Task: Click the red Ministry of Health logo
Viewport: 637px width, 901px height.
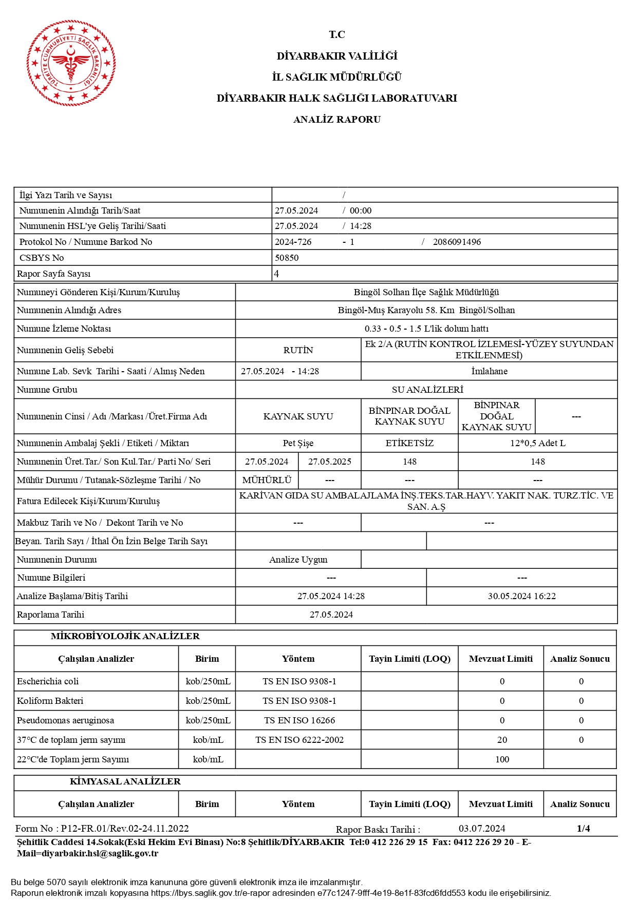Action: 71,63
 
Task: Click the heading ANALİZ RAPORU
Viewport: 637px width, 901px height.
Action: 336,120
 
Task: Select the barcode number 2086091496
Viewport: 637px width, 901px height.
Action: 457,242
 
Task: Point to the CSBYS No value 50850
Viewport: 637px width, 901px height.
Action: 287,258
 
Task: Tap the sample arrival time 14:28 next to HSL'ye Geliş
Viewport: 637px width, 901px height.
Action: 360,226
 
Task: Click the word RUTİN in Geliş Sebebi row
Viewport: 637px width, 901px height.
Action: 298,350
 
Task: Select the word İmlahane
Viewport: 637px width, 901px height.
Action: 489,371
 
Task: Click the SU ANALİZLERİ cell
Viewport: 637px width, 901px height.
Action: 427,390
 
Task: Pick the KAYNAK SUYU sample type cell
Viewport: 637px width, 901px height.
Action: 298,416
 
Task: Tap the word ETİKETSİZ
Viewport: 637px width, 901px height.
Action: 409,443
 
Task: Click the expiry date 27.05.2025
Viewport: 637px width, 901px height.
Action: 329,462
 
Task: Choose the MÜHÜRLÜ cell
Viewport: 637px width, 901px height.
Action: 267,480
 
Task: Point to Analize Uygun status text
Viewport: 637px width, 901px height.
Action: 298,560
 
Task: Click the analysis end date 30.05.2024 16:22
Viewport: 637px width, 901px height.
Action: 521,596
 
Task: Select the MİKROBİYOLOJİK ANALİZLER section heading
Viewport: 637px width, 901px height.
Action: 125,636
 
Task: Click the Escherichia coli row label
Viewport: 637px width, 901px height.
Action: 48,681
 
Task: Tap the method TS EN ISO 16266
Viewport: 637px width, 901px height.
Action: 299,720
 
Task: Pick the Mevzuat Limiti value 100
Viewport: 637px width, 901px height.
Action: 502,759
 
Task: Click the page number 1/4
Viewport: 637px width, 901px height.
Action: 583,828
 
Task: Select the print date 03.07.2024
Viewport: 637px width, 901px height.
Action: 481,829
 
